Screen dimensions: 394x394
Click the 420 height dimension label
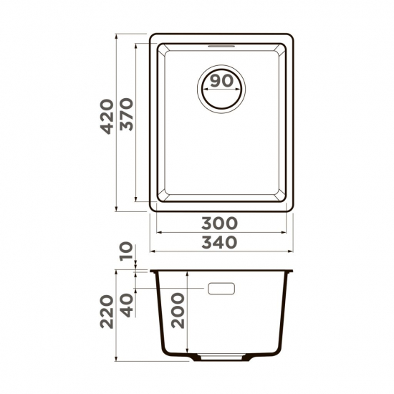[107, 118]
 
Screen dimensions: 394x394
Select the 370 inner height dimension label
[128, 118]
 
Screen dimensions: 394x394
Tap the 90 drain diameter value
[222, 81]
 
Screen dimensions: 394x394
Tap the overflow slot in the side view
[221, 289]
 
